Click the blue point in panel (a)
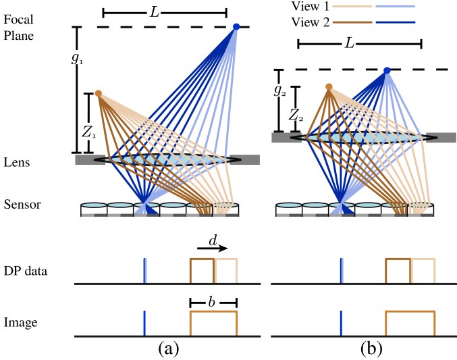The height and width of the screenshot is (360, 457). coord(236,27)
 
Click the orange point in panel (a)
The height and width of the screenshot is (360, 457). coord(99,93)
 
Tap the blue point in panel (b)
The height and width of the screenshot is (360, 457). coord(387,70)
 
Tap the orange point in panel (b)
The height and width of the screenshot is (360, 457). coord(329,87)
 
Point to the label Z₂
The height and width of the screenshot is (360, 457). coord(295,117)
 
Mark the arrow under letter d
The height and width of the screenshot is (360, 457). coord(214,249)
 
